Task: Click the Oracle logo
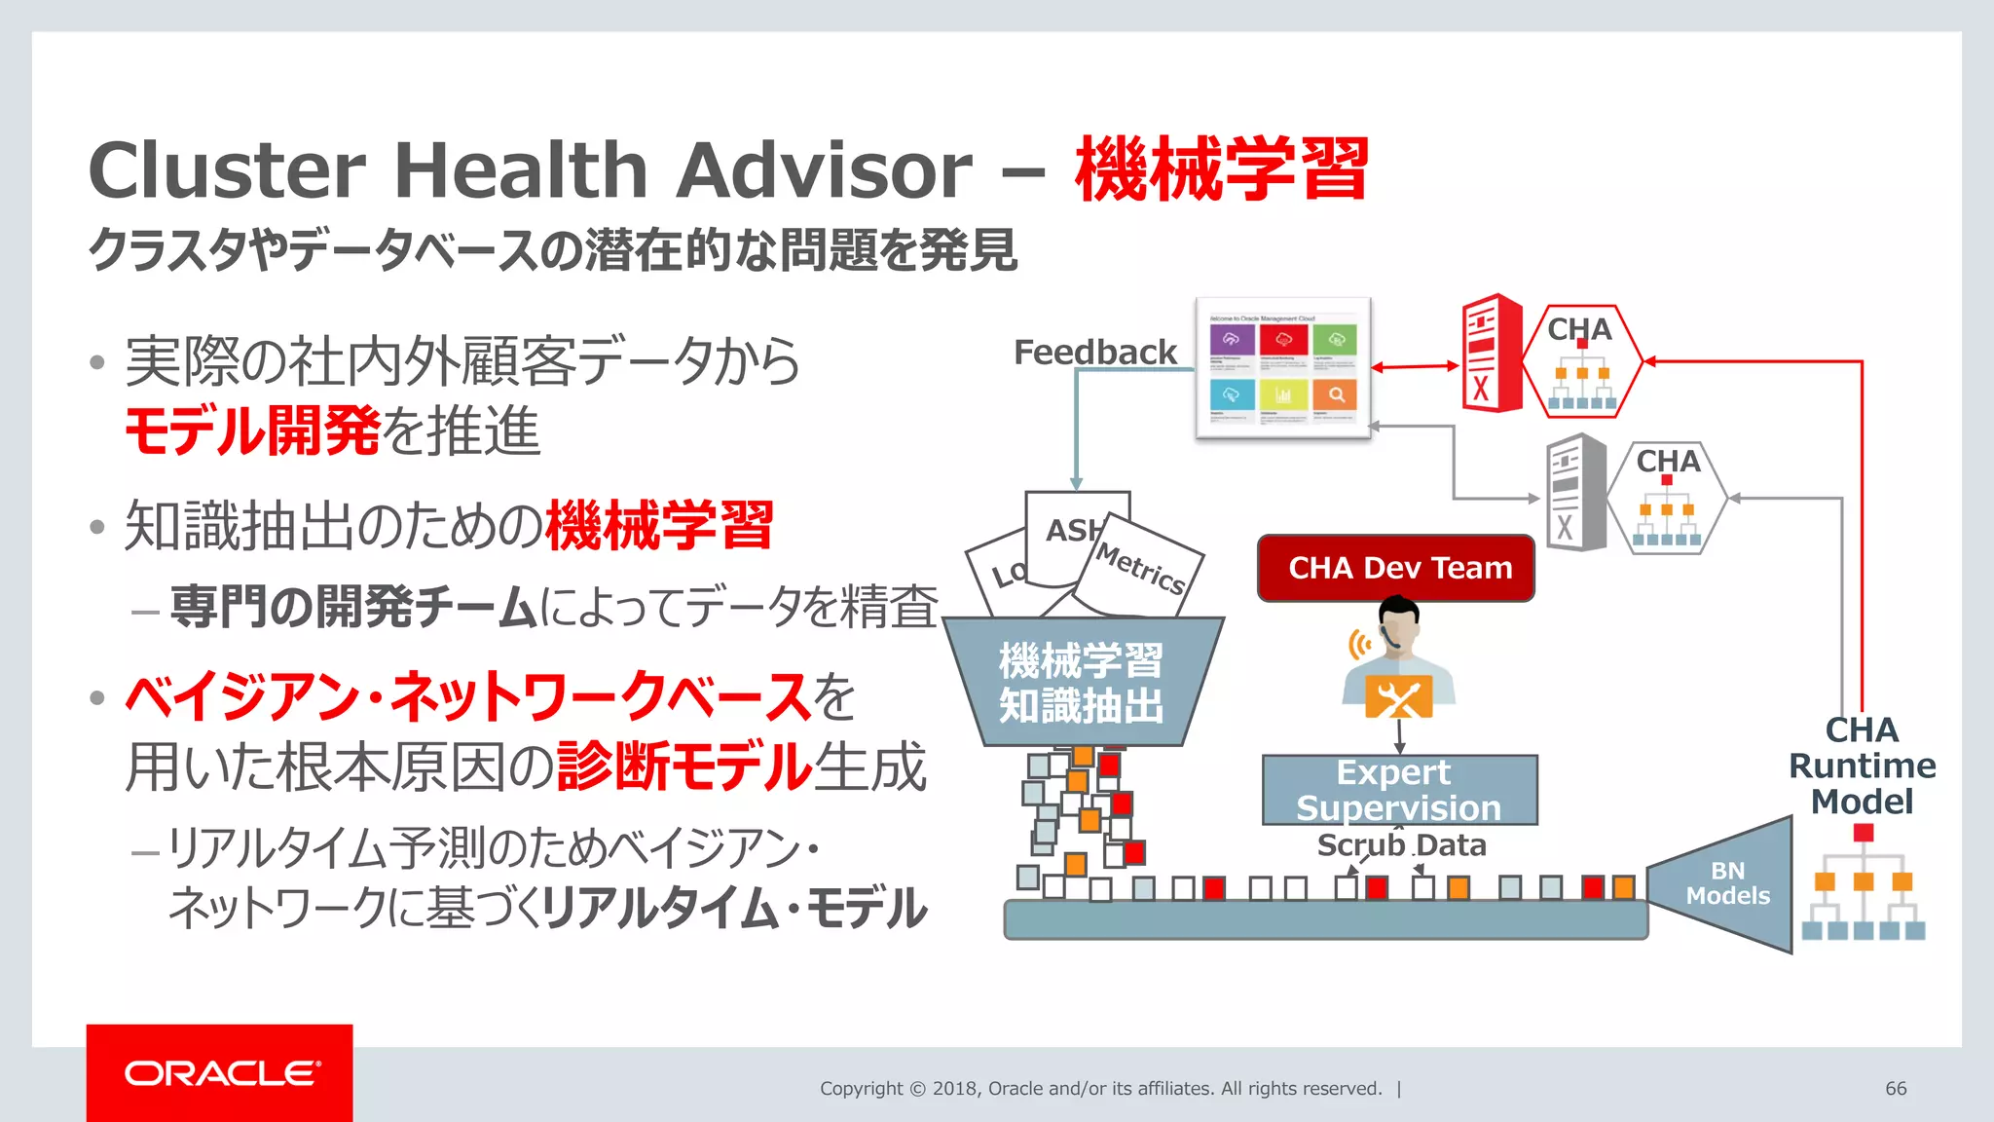(x=220, y=1072)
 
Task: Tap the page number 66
(x=1895, y=1088)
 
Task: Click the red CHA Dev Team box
(x=1395, y=568)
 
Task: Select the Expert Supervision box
(x=1399, y=790)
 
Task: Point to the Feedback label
(x=1094, y=352)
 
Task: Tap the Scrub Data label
(x=1401, y=844)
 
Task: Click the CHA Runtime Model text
(x=1861, y=766)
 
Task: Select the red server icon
(x=1490, y=353)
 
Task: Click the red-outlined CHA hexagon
(x=1581, y=361)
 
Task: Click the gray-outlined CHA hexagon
(x=1667, y=498)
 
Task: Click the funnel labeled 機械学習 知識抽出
(x=1081, y=682)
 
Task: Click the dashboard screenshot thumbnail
(x=1282, y=368)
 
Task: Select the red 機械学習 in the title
(x=1221, y=169)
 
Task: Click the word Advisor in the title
(x=824, y=169)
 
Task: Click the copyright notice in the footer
(x=1099, y=1088)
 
